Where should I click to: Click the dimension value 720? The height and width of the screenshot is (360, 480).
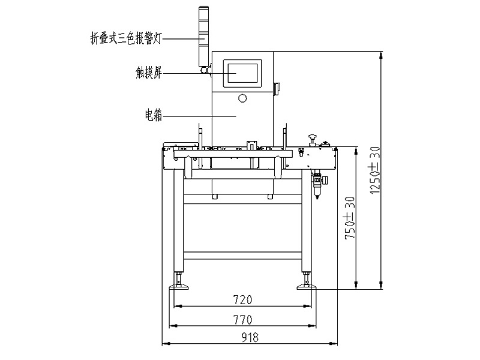242,299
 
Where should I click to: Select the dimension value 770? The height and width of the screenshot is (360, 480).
242,319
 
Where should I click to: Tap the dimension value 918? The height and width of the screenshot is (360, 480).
250,338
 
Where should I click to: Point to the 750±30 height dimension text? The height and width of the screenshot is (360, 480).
349,218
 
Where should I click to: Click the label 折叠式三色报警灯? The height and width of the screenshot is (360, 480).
122,38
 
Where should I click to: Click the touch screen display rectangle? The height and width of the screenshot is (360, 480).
243,72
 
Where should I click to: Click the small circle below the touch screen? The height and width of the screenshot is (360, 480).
242,98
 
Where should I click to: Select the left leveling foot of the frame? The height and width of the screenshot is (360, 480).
178,283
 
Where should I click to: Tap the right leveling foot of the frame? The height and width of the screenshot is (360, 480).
307,283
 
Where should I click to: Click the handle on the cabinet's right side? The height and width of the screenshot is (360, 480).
277,88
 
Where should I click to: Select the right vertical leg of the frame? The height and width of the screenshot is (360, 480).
307,228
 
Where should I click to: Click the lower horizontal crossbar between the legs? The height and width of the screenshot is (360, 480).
242,256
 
